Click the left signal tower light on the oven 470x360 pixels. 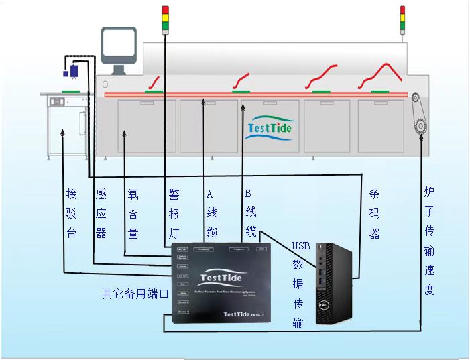166,19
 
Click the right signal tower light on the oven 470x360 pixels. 402,19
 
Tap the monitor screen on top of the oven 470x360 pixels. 119,46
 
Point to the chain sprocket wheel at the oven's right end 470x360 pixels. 422,124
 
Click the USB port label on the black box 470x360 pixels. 262,249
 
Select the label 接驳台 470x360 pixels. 71,213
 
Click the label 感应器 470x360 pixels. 101,213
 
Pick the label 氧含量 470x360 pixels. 133,213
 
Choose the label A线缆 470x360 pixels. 211,213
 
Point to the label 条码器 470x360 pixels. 375,213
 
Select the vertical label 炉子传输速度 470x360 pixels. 429,241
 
